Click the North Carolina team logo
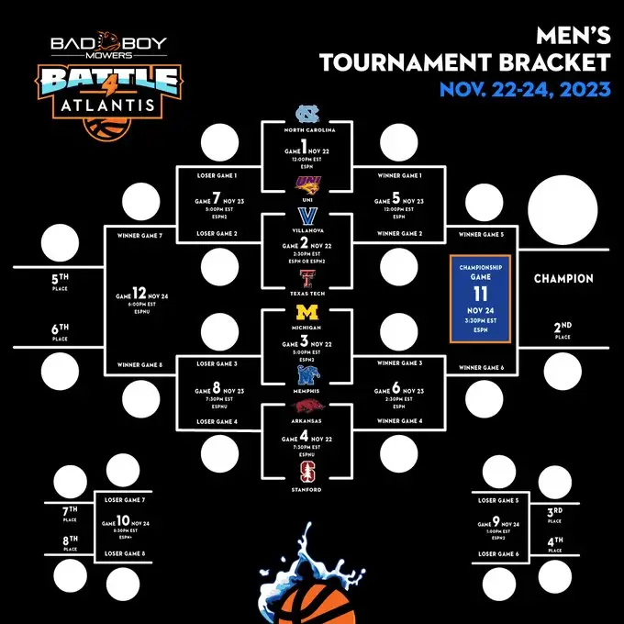tap(306, 115)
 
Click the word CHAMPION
tap(563, 279)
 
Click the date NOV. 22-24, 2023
tap(523, 89)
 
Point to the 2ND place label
tap(563, 327)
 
